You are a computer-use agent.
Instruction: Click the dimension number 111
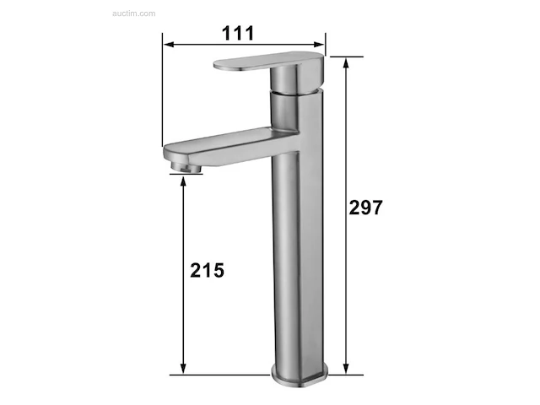point(238,33)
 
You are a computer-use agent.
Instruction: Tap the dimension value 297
point(365,208)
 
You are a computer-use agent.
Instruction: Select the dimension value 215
point(207,270)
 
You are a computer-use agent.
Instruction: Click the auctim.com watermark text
point(134,13)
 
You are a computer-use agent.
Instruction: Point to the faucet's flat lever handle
point(268,62)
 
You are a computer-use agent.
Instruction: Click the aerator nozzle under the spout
point(186,167)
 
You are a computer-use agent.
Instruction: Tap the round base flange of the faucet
point(300,376)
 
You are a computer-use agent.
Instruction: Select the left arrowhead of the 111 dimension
point(169,45)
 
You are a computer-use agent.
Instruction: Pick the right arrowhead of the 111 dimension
point(319,45)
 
